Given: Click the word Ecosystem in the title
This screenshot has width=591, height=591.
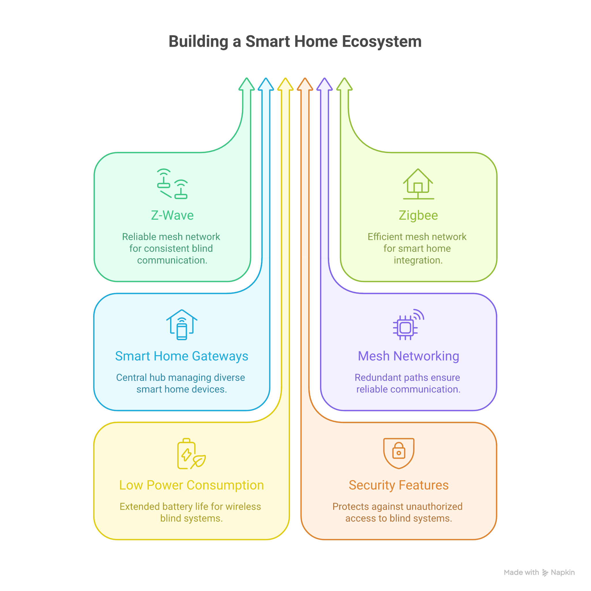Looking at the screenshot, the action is (381, 42).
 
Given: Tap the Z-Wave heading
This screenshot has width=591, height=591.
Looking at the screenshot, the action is (172, 215).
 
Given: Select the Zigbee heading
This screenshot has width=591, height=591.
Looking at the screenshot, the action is (418, 215).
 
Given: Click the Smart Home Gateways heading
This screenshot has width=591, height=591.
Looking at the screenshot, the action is (181, 356).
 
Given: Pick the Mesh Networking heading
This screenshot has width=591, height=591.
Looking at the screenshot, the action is (409, 356).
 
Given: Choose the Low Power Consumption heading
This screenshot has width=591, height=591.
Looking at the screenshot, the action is (191, 485).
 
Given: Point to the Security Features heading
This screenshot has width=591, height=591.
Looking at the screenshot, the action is (399, 485).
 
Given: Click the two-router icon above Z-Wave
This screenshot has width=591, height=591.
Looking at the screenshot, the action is (172, 184).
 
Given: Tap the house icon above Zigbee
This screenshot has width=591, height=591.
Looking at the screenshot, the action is (418, 184).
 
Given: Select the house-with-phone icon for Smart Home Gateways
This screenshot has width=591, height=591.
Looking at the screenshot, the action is (182, 325).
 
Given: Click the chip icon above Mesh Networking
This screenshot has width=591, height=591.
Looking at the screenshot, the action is (408, 325).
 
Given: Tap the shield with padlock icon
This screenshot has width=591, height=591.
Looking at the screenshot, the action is (399, 453).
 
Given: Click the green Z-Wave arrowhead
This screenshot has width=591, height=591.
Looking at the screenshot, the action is (246, 85).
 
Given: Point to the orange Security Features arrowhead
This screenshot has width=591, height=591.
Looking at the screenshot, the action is (305, 85).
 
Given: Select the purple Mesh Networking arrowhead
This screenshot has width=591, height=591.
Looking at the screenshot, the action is (325, 85).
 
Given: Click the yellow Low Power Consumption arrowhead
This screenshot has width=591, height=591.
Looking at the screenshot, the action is (285, 85).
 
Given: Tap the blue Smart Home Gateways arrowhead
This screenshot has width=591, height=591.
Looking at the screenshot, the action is (266, 85).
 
